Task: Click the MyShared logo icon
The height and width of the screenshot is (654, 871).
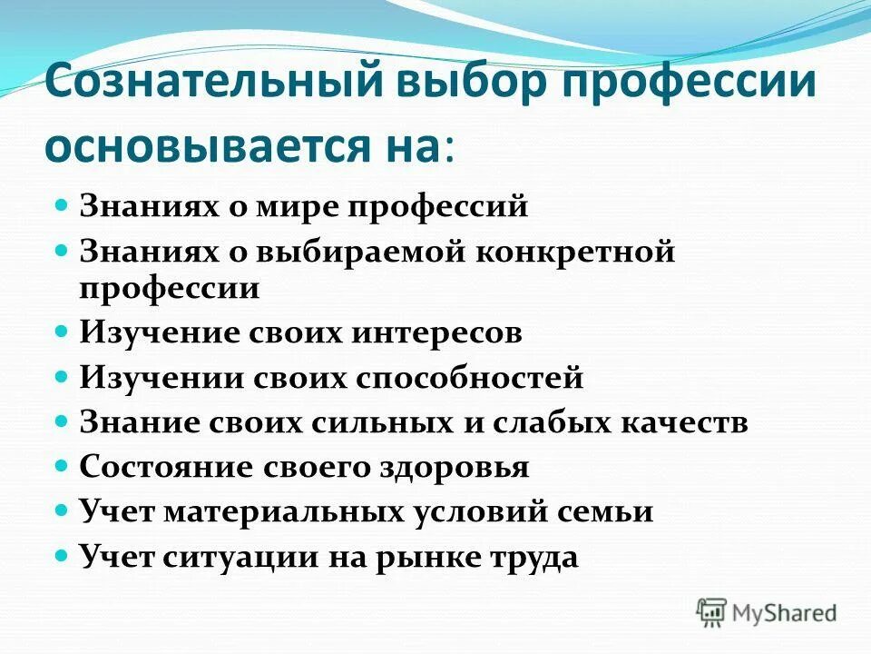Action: [712, 613]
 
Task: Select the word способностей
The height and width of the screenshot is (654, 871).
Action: [477, 378]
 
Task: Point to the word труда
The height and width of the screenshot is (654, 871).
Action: [536, 556]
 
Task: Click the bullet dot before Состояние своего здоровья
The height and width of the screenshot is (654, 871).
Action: [63, 465]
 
